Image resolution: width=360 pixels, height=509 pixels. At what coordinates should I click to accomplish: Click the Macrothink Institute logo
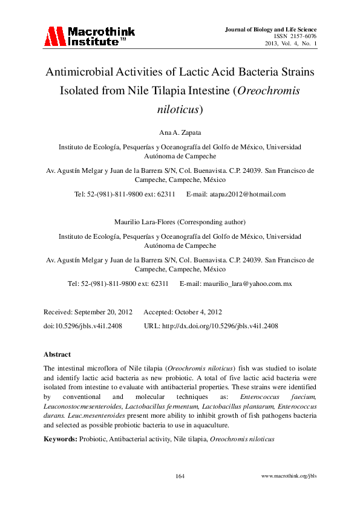(89, 36)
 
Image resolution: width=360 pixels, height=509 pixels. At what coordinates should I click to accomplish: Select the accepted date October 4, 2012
(197, 312)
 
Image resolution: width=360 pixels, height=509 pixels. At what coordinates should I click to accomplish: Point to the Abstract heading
(57, 354)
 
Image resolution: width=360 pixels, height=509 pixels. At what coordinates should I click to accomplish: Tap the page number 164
(180, 476)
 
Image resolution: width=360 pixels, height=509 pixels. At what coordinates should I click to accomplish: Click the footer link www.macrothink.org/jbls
(289, 476)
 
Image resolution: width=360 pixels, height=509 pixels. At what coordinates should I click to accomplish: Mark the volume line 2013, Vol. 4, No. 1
(290, 44)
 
